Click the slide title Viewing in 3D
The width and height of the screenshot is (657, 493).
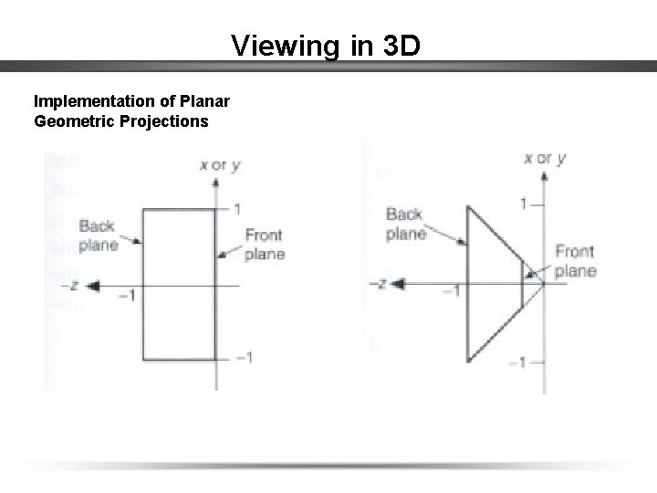coord(326,45)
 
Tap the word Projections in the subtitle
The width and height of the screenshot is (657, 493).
coord(163,121)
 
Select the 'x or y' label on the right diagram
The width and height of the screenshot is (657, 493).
coord(545,158)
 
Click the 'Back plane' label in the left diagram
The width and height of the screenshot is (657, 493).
coord(98,236)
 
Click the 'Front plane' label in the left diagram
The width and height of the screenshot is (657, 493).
coord(265,245)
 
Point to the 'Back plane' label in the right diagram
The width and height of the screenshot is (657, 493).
coord(405,224)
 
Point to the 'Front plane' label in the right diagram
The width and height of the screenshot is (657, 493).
coord(576,261)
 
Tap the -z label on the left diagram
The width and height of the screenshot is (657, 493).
coord(69,286)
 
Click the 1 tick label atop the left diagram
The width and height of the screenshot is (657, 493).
coord(236,209)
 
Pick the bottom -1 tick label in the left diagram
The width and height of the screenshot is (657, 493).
coord(243,357)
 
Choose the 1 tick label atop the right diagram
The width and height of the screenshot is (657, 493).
coord(524,203)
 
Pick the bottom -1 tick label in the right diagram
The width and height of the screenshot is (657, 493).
coord(517,362)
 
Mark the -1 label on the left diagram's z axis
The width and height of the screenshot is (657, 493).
coord(128,296)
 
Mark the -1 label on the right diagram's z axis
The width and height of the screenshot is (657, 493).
coord(451,291)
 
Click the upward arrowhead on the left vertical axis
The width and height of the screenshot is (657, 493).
coord(215,182)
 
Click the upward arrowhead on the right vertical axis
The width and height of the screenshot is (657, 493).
coord(543,173)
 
